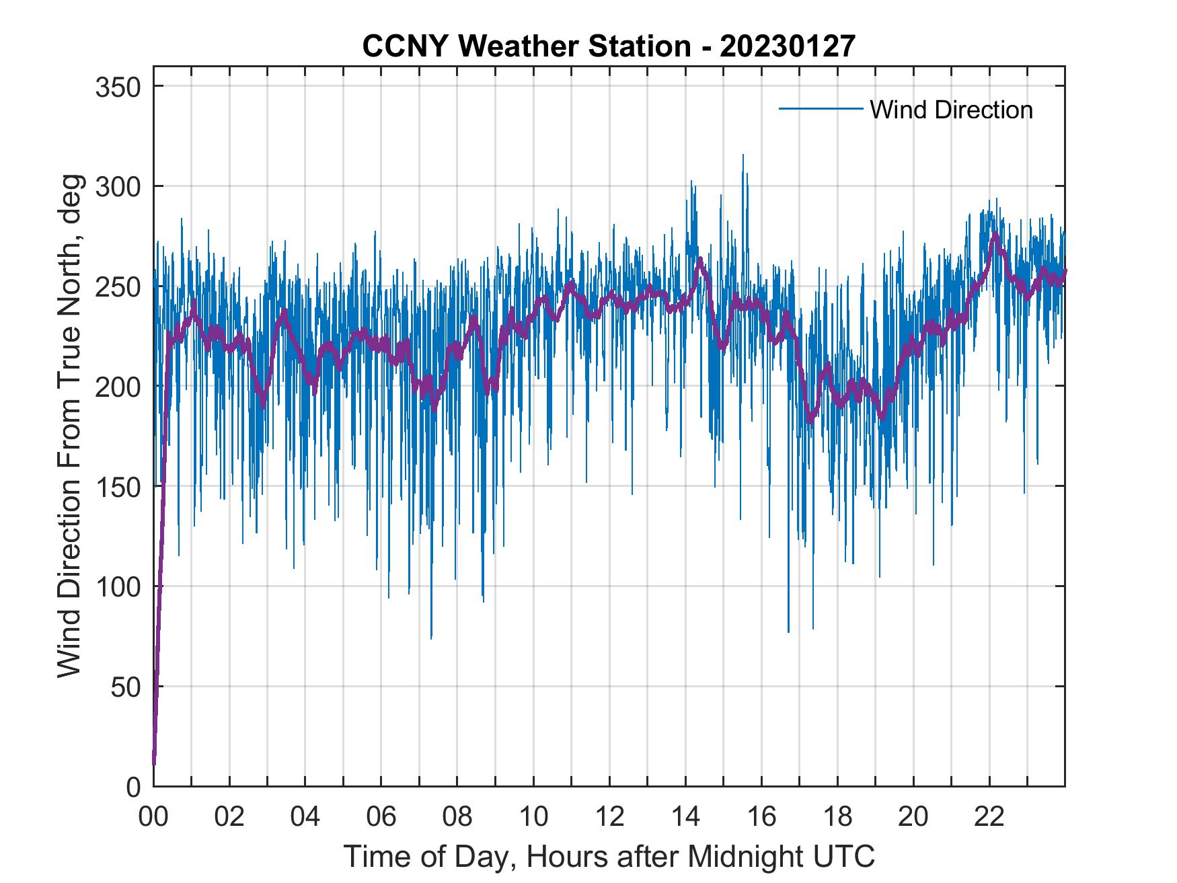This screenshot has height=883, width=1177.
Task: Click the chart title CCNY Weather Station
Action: (x=527, y=46)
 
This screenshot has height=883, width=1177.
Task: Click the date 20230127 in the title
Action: (x=788, y=46)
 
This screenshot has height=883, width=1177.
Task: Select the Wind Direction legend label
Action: (x=951, y=110)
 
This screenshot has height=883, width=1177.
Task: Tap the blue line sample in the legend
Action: (x=820, y=109)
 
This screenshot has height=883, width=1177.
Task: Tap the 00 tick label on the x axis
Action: (x=153, y=816)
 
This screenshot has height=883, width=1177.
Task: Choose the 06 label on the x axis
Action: (x=381, y=816)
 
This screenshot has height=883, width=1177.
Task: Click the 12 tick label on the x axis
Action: (x=609, y=816)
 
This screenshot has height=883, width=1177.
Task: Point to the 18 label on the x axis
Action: (x=837, y=816)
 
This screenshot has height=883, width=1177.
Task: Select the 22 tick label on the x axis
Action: (x=989, y=816)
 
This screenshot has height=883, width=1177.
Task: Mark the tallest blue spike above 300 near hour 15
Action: (x=743, y=156)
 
